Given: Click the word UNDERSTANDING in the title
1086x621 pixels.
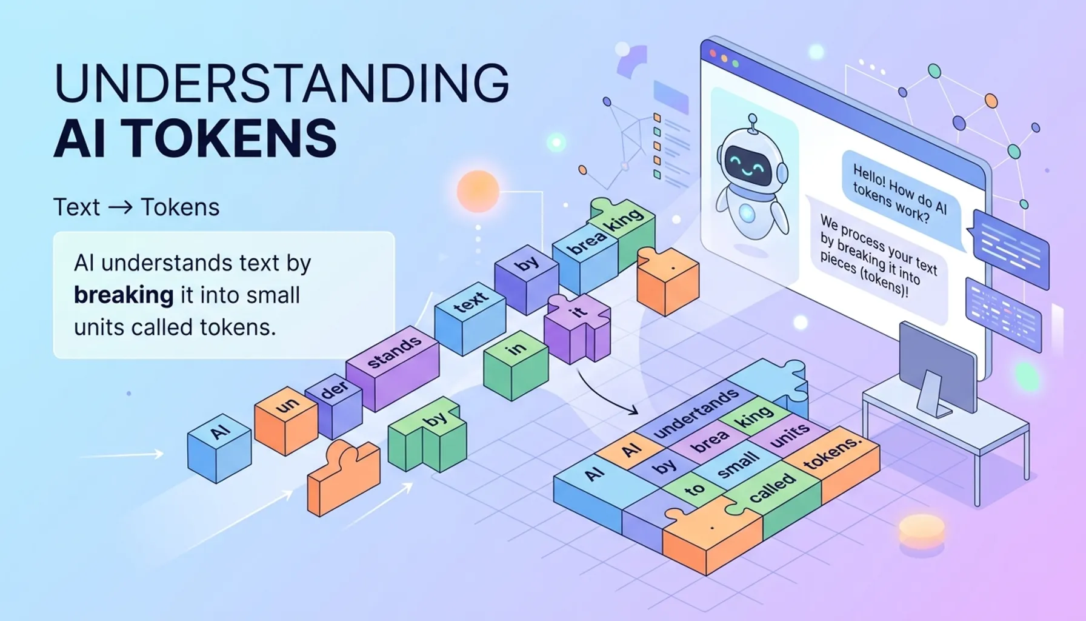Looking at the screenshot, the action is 282,83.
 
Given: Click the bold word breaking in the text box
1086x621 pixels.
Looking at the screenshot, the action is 124,295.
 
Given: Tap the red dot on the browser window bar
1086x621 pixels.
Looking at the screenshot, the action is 713,54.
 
